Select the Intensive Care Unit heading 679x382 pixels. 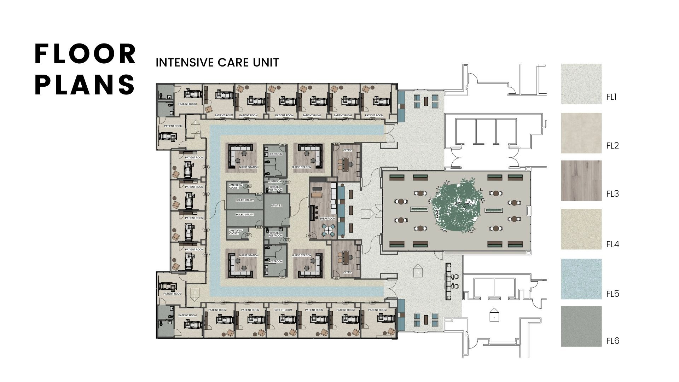(x=217, y=63)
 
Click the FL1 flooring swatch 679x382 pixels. (x=581, y=84)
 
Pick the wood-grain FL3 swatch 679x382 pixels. (x=581, y=181)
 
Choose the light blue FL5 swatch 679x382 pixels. (x=581, y=279)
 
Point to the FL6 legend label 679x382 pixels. (x=613, y=341)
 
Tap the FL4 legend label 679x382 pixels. (x=613, y=244)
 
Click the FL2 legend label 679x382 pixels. (x=613, y=145)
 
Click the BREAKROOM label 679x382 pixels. (x=327, y=219)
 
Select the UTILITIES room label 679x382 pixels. (x=277, y=206)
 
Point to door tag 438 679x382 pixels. (x=336, y=144)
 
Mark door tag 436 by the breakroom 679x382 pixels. (x=310, y=236)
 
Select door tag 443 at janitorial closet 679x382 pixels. (x=248, y=186)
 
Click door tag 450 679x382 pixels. (x=287, y=182)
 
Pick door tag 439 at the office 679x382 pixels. (x=336, y=278)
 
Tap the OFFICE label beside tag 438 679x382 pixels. (x=348, y=150)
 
